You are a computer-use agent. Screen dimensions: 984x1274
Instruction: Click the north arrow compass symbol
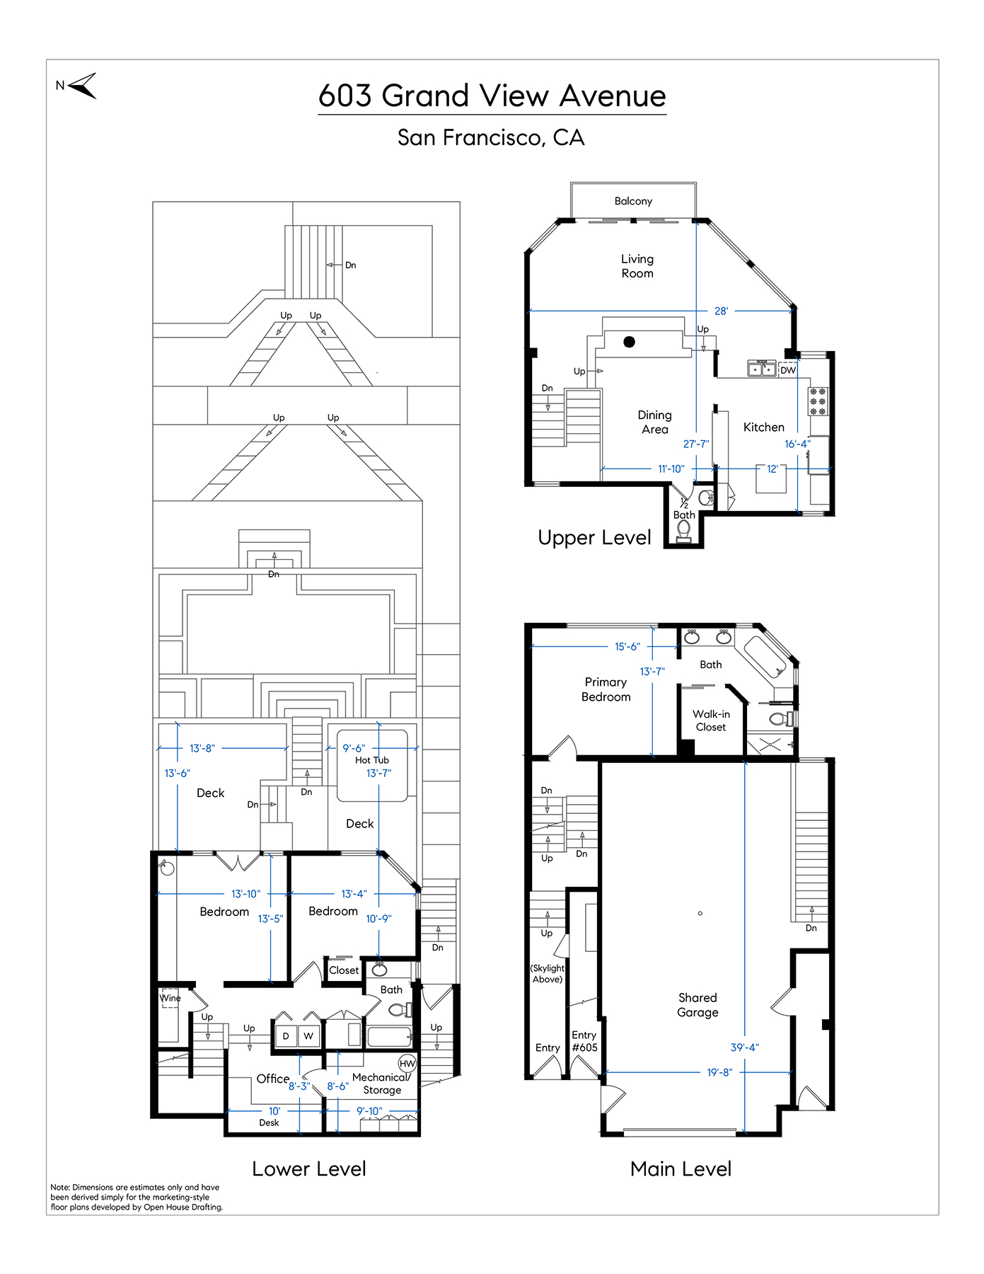pyautogui.click(x=83, y=86)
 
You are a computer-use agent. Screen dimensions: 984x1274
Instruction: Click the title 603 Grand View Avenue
pyautogui.click(x=492, y=96)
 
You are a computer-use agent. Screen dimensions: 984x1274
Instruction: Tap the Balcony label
pyautogui.click(x=633, y=201)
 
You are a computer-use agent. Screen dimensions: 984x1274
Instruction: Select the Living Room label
pyautogui.click(x=637, y=266)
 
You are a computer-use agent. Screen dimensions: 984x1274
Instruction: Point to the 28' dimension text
pyautogui.click(x=721, y=311)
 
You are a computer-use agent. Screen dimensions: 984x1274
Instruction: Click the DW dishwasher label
pyautogui.click(x=788, y=370)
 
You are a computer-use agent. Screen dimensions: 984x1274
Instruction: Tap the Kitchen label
pyautogui.click(x=764, y=427)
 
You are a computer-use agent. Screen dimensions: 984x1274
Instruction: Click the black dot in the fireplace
pyautogui.click(x=629, y=342)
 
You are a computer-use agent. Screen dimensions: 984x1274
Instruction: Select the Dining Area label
pyautogui.click(x=655, y=422)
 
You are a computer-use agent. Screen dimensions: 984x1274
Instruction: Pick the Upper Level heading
pyautogui.click(x=594, y=538)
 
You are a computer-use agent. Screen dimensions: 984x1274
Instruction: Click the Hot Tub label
pyautogui.click(x=372, y=760)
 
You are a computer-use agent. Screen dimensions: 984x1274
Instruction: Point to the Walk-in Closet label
pyautogui.click(x=711, y=721)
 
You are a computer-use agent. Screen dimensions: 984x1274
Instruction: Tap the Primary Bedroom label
pyautogui.click(x=606, y=689)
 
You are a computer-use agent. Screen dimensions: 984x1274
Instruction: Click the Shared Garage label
pyautogui.click(x=698, y=1005)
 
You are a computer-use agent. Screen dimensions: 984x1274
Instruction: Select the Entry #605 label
pyautogui.click(x=584, y=1041)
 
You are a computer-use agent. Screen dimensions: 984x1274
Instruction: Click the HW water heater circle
pyautogui.click(x=407, y=1064)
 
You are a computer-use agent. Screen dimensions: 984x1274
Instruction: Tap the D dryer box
pyautogui.click(x=286, y=1035)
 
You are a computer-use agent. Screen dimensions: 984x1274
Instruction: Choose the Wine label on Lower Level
pyautogui.click(x=170, y=998)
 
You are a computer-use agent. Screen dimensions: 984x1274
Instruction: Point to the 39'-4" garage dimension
pyautogui.click(x=744, y=1048)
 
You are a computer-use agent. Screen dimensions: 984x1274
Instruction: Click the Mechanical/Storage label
pyautogui.click(x=381, y=1084)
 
